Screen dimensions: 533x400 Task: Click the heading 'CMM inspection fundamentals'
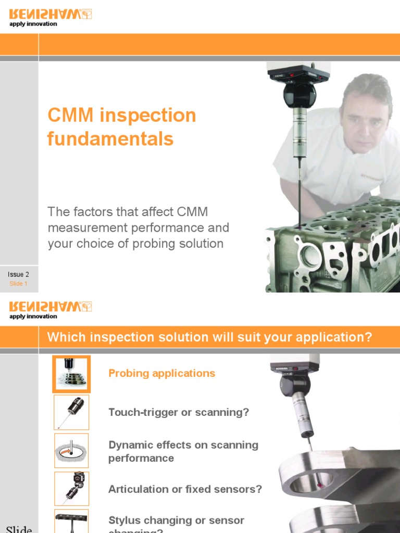(122, 127)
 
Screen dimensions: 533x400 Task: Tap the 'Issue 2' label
(18, 274)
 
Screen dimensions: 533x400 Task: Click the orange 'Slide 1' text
(18, 284)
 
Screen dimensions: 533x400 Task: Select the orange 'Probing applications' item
(161, 373)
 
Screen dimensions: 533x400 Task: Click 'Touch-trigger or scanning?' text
(179, 412)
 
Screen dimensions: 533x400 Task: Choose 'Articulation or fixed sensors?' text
(185, 489)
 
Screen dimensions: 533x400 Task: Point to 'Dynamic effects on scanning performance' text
(183, 451)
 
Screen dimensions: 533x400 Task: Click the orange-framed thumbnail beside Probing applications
(71, 374)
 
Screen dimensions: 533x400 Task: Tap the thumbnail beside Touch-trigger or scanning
(71, 412)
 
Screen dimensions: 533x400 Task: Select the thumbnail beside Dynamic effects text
(71, 451)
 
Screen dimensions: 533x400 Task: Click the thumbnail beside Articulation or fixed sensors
(71, 489)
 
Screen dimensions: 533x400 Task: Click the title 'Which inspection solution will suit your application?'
(209, 337)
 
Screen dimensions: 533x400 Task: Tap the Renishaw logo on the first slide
(51, 14)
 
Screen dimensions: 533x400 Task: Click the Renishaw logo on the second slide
(51, 307)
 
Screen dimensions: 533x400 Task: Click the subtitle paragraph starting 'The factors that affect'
(138, 228)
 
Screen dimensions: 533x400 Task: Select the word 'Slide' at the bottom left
(19, 529)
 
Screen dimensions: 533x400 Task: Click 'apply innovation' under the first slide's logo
(33, 24)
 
